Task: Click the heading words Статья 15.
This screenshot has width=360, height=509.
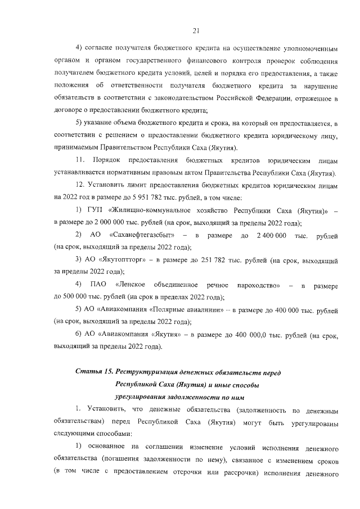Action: tap(95, 372)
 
